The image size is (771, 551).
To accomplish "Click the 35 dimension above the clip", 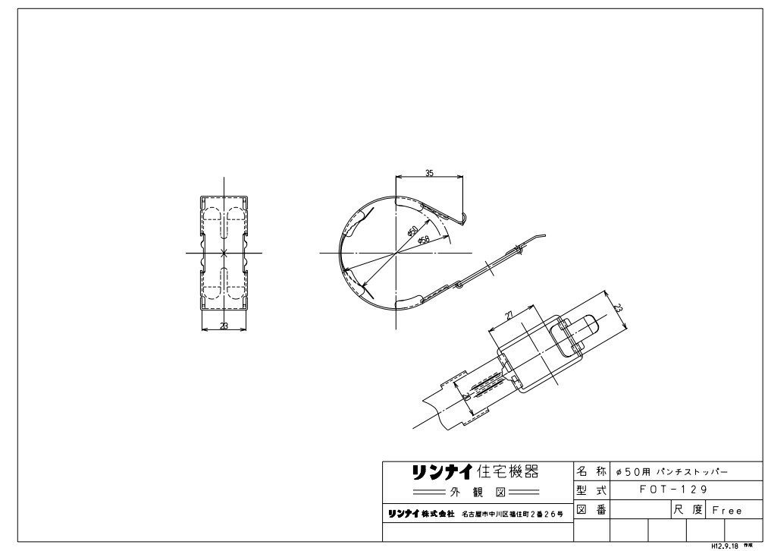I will pyautogui.click(x=429, y=174).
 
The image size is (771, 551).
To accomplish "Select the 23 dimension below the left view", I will pyautogui.click(x=224, y=326).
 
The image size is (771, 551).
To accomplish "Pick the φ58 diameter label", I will pyautogui.click(x=424, y=239).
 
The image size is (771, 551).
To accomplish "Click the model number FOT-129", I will pyautogui.click(x=673, y=491).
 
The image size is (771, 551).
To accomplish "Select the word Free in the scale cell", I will pyautogui.click(x=726, y=511).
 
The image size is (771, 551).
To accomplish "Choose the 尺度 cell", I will pyautogui.click(x=687, y=511).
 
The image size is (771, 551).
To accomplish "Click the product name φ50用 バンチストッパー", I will pyautogui.click(x=672, y=471).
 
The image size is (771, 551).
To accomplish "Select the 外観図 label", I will pyautogui.click(x=474, y=490).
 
